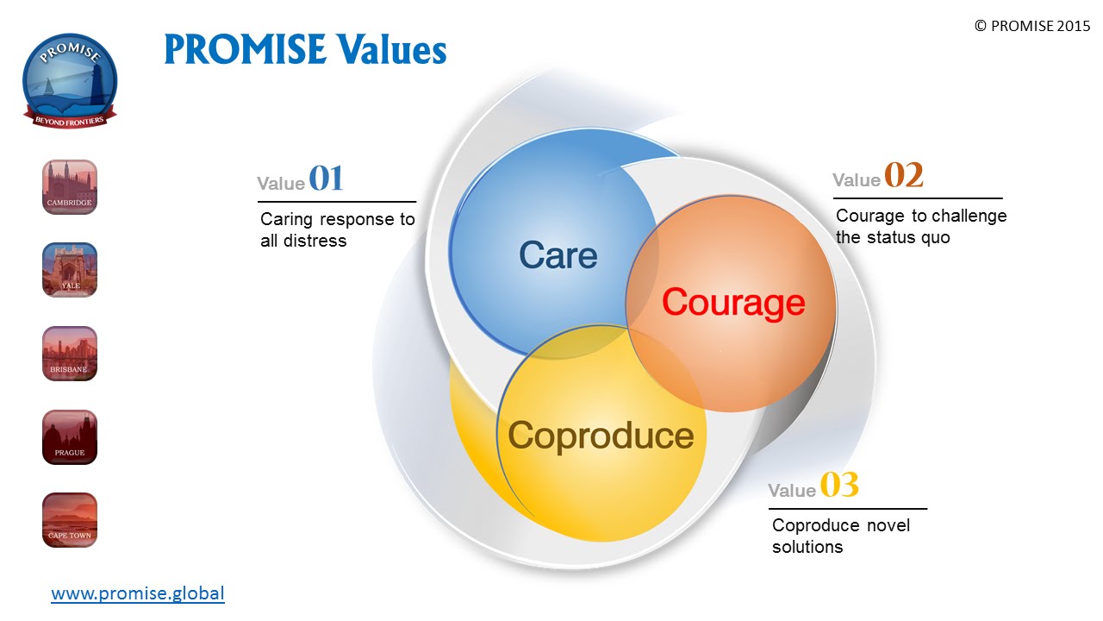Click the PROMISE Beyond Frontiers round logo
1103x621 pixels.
[70, 80]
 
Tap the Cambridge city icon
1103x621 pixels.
[70, 187]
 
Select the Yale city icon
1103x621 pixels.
[70, 270]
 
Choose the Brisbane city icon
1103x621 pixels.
[70, 354]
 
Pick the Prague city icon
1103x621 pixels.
[70, 437]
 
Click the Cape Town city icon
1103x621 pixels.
[70, 520]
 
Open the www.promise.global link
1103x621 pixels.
[138, 593]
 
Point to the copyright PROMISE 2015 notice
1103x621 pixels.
[1031, 26]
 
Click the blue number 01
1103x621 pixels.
[326, 179]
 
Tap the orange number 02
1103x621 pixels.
[903, 175]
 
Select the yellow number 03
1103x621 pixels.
[838, 486]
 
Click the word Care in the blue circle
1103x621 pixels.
[558, 255]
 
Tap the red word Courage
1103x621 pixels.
[733, 303]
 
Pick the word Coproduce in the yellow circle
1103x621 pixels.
[601, 436]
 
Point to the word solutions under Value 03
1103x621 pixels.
[807, 547]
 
